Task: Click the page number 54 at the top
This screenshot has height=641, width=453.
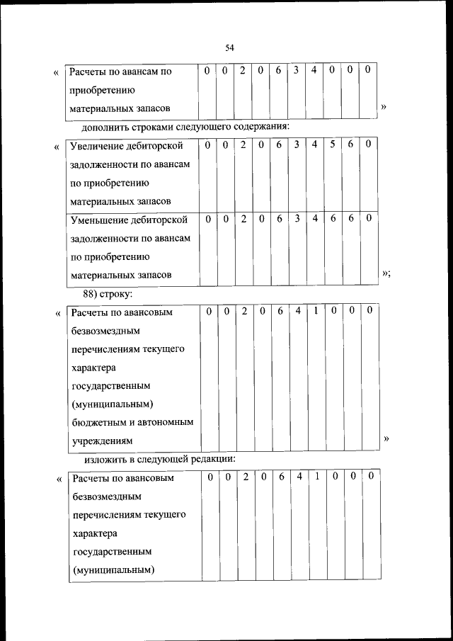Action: tap(229, 47)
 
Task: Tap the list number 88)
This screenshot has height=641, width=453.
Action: tap(93, 292)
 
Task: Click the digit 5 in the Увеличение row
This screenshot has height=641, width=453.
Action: tap(332, 144)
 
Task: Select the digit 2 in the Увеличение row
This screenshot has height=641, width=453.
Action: tap(243, 144)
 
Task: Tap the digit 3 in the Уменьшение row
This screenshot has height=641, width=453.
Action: tap(297, 218)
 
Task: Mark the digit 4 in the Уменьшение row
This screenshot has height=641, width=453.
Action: tap(314, 218)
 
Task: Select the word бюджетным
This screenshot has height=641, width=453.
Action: tap(101, 422)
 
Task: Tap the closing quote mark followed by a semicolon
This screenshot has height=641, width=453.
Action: tap(386, 273)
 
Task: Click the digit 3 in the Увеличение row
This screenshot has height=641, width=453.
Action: tap(297, 144)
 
